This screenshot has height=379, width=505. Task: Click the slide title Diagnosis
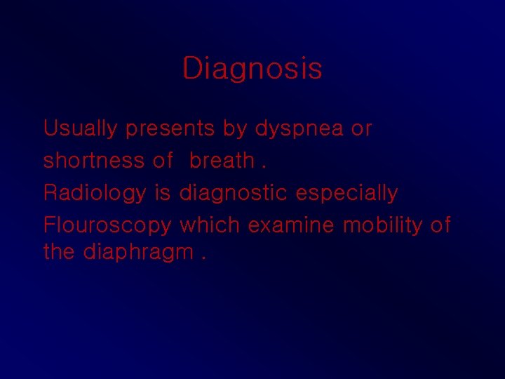pyautogui.click(x=252, y=69)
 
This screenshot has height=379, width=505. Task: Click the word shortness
pyautogui.click(x=93, y=161)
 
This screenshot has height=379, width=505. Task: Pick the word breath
pyautogui.click(x=222, y=161)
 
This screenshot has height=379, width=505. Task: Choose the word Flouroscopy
pyautogui.click(x=107, y=226)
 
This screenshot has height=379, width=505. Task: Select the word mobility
pyautogui.click(x=384, y=226)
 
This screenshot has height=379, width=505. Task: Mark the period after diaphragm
pyautogui.click(x=203, y=257)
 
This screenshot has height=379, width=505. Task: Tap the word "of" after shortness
pyautogui.click(x=163, y=161)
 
